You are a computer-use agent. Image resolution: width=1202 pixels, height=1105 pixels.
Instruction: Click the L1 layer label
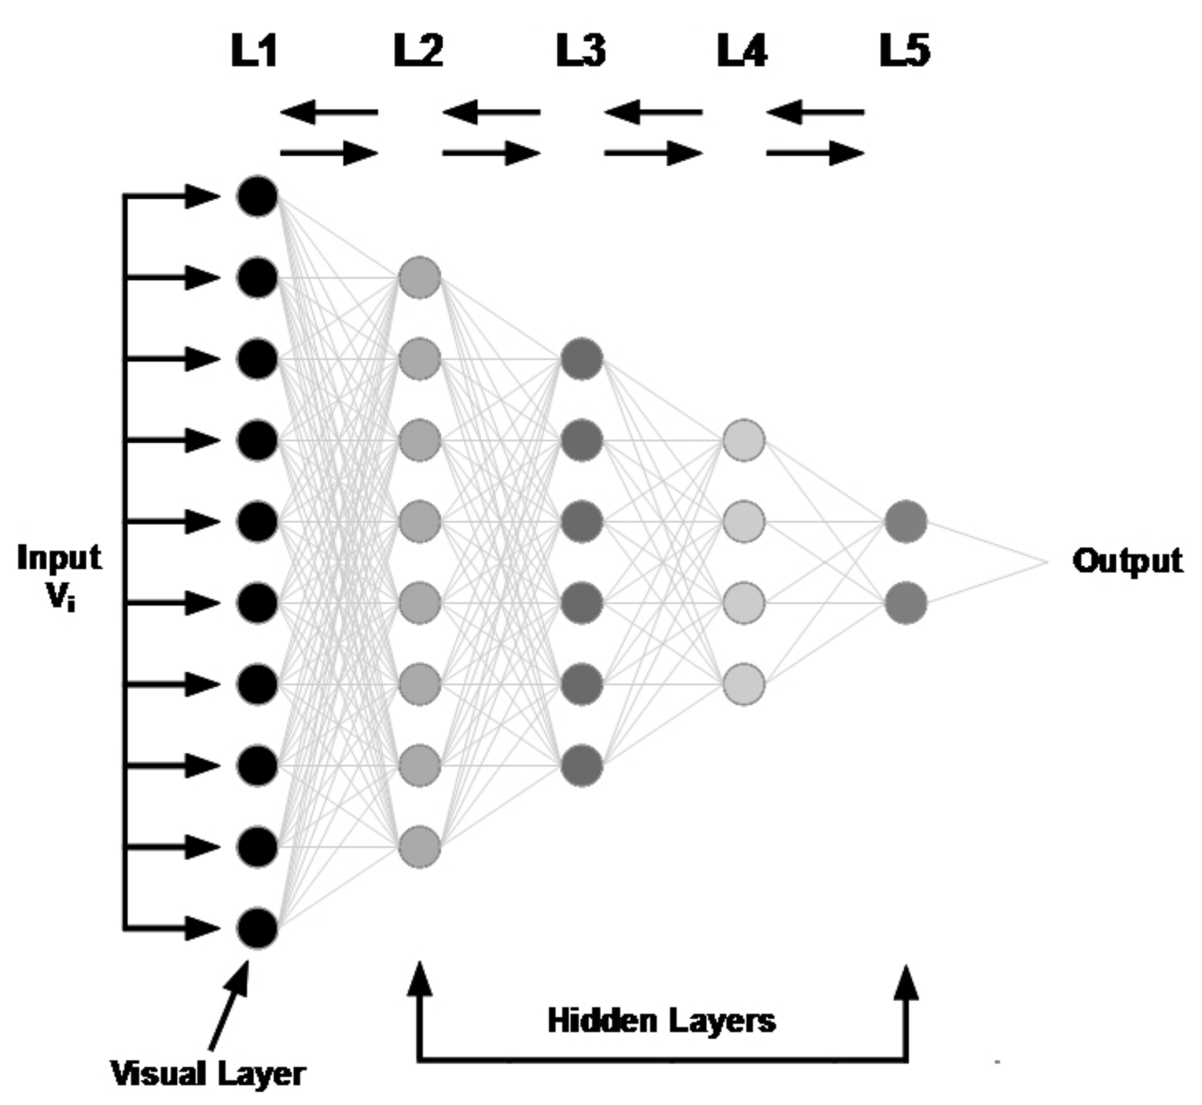(x=254, y=51)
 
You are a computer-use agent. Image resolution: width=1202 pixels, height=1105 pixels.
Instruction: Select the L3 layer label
(x=580, y=51)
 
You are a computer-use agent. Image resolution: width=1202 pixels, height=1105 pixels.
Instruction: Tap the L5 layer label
(x=905, y=51)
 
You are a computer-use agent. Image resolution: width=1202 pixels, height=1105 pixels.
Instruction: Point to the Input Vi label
(x=59, y=576)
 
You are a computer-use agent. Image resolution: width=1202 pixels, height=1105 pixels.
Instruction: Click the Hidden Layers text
(x=662, y=1021)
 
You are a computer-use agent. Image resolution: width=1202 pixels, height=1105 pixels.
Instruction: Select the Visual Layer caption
(x=208, y=1073)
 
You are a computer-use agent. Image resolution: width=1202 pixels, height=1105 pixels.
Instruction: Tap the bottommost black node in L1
(x=258, y=929)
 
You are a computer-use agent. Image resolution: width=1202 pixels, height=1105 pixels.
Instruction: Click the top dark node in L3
(x=582, y=359)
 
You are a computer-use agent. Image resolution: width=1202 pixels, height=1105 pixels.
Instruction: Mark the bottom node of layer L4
(x=743, y=684)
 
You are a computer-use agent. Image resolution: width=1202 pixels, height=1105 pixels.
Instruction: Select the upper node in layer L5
(x=906, y=521)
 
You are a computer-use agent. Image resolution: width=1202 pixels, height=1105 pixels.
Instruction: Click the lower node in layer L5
(x=906, y=603)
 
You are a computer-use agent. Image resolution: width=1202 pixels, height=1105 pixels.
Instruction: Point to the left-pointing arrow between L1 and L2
(x=329, y=112)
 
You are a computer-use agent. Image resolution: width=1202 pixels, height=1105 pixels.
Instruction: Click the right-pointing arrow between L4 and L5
(x=815, y=153)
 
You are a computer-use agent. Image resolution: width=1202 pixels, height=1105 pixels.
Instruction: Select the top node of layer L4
(x=743, y=440)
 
